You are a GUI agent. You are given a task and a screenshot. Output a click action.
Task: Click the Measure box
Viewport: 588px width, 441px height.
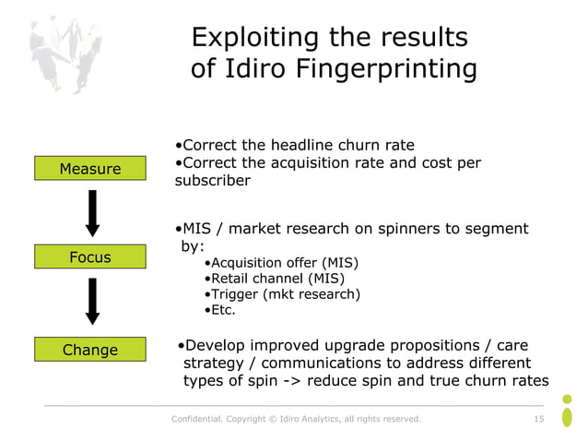(x=90, y=169)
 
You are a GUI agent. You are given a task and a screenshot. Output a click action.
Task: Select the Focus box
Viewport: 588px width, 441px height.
(x=90, y=257)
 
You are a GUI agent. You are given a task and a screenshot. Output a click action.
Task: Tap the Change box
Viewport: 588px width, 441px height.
(x=90, y=350)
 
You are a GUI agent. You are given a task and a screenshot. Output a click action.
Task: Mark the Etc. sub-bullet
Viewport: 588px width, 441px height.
(x=222, y=310)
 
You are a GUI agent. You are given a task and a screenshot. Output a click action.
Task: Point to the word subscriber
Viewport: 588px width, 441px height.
(x=212, y=181)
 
